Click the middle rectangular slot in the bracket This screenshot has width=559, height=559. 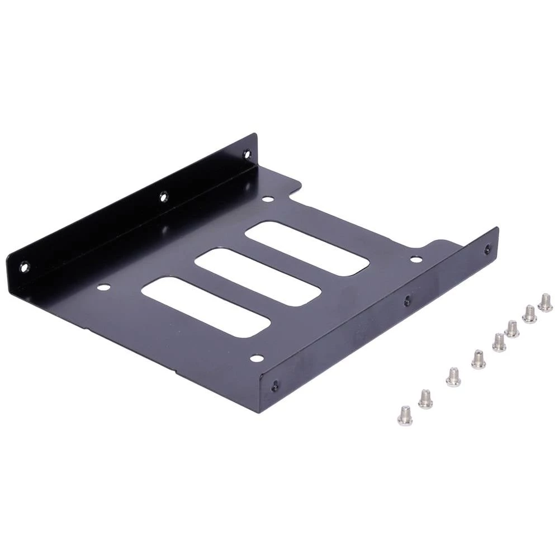258,277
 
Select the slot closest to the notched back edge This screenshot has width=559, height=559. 307,248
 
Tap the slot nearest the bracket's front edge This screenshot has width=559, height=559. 206,307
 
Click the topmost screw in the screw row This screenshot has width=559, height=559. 545,302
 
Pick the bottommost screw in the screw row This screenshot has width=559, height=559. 405,415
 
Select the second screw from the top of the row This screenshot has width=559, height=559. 529,314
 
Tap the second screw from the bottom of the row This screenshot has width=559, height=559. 425,399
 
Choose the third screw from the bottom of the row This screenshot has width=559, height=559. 453,377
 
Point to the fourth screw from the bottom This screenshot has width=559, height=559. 478,359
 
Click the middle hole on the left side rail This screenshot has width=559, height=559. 163,197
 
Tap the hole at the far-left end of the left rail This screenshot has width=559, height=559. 24,267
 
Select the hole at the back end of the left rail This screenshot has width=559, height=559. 247,153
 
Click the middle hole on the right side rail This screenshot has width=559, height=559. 407,301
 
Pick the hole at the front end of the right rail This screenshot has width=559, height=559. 275,386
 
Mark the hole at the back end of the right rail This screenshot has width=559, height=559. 487,249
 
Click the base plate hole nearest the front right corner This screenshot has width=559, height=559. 257,358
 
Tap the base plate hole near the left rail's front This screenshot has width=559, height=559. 103,287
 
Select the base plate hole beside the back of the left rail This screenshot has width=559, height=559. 268,198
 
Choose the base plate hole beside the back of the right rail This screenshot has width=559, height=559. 416,259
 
